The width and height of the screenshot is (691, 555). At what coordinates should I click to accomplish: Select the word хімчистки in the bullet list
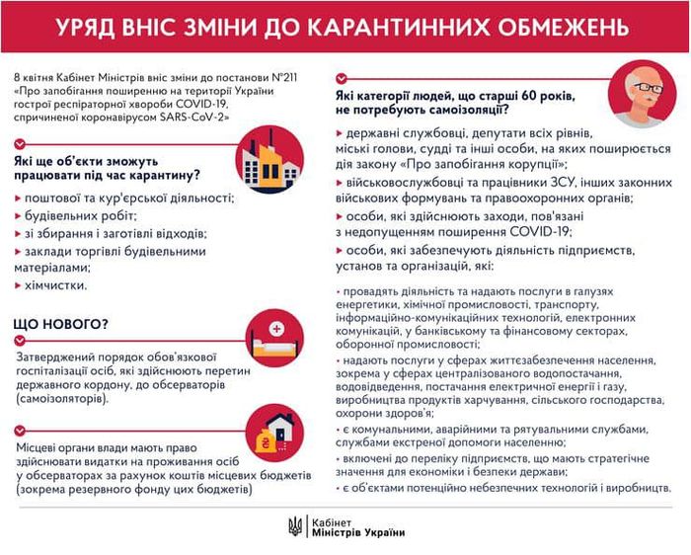click(58, 285)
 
